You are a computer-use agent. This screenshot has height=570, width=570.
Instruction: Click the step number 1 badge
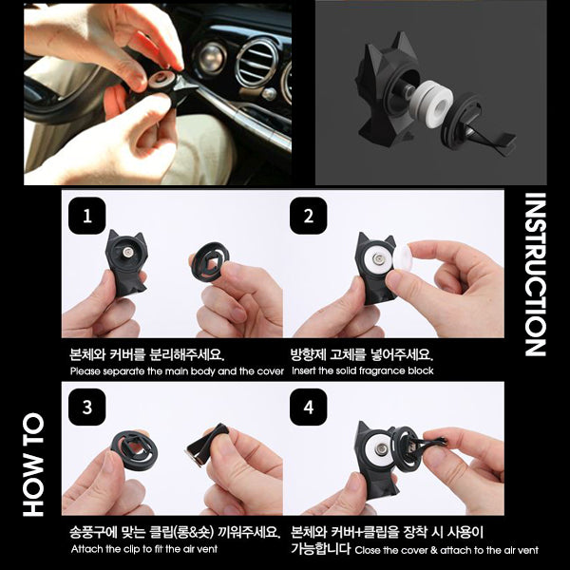[x=86, y=216]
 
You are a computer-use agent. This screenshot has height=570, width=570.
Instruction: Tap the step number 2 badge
[x=308, y=216]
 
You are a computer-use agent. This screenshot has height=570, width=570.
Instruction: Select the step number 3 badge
[x=86, y=407]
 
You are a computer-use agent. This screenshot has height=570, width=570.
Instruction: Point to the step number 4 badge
[x=308, y=407]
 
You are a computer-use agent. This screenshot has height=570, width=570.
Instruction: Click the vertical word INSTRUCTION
[x=535, y=275]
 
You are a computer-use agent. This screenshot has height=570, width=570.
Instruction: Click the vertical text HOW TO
[x=33, y=465]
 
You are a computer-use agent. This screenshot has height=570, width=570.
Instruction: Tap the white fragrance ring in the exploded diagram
[x=432, y=104]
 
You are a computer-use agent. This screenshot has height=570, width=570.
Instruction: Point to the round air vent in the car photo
[x=256, y=61]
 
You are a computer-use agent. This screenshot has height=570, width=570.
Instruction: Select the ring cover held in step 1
[x=210, y=261]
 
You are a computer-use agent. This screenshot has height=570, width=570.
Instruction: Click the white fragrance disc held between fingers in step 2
[x=403, y=257]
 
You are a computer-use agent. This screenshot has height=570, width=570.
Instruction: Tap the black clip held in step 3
[x=207, y=445]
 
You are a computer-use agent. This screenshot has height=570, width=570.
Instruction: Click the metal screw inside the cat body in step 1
[x=128, y=252]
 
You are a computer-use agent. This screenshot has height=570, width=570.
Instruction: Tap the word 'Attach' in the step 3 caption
[x=83, y=548]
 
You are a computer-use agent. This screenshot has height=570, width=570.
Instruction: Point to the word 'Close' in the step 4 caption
[x=367, y=550]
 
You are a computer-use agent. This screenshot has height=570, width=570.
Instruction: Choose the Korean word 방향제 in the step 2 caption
[x=308, y=353]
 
